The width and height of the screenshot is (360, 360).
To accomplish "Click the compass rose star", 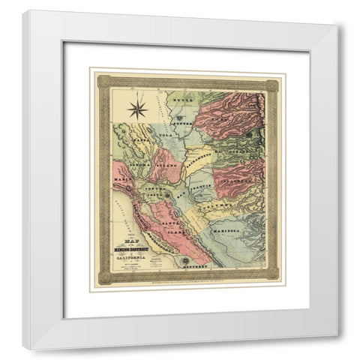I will pyautogui.click(x=137, y=109).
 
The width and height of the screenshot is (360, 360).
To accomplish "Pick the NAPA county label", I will pyautogui.click(x=136, y=136).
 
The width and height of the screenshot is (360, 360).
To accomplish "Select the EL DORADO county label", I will pyautogui.click(x=229, y=150).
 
